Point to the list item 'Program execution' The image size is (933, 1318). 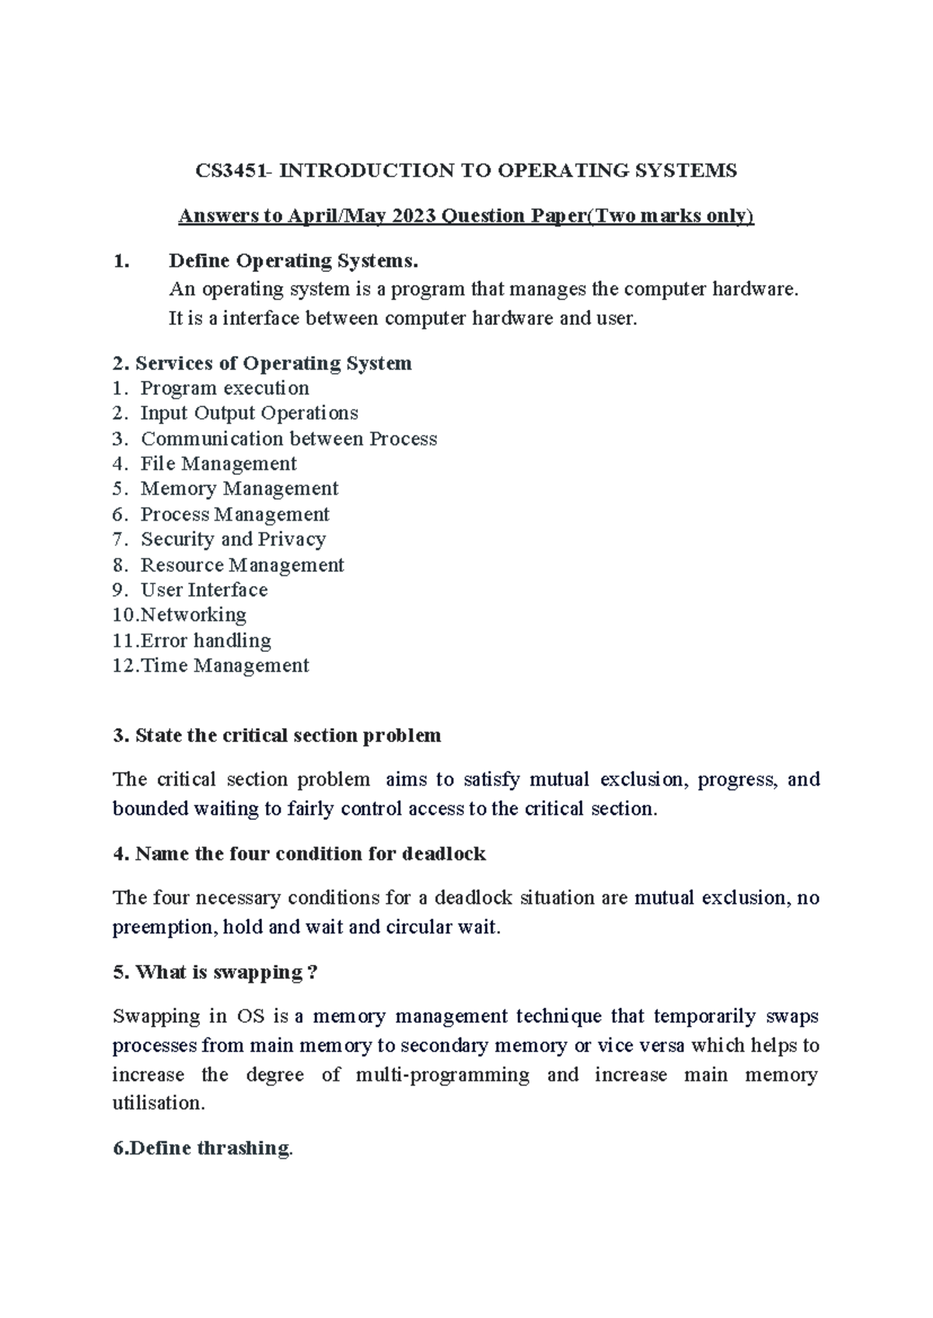(x=225, y=388)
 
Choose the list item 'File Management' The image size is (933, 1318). (x=218, y=464)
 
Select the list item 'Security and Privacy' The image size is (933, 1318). (x=232, y=539)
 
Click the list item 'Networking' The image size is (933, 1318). (x=193, y=615)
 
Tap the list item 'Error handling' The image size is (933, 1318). (x=205, y=640)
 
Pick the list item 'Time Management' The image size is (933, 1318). (x=225, y=666)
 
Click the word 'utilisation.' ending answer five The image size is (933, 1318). (x=159, y=1103)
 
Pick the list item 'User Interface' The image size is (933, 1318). (x=204, y=590)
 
